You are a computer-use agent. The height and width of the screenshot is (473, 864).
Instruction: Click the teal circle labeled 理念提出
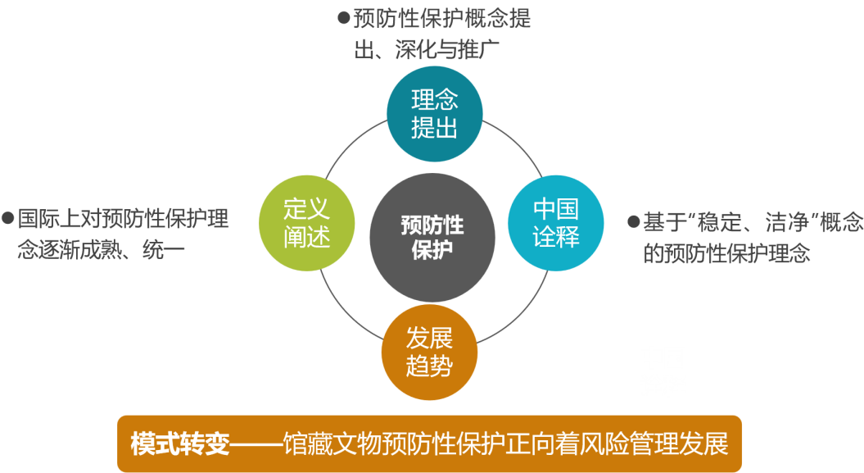point(434,114)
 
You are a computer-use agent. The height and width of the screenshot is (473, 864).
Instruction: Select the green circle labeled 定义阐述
point(306,222)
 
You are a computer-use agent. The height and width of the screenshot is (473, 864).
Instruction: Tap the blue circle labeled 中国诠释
point(556,222)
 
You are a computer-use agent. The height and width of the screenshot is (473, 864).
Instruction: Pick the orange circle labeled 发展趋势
point(429,352)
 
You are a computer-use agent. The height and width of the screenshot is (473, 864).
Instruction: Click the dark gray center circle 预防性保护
point(432,237)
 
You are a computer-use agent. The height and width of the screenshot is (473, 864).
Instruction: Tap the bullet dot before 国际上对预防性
point(8,218)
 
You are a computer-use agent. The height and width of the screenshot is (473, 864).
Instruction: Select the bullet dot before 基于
point(633,221)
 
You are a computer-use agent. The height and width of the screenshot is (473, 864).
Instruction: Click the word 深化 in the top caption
point(411,49)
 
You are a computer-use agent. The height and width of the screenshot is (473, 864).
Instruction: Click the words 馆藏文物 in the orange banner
point(326,444)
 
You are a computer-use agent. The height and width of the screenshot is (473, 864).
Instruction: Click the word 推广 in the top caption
point(482,49)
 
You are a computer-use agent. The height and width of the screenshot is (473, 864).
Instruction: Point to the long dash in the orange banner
point(254,444)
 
